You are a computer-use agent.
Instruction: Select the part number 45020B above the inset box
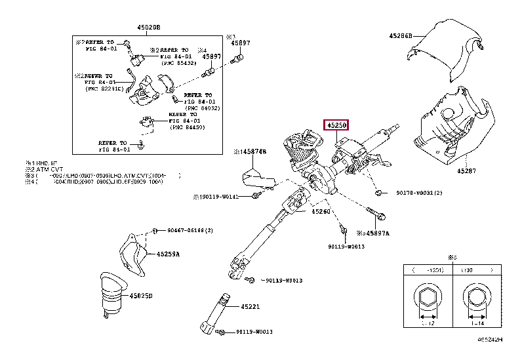click(x=148, y=27)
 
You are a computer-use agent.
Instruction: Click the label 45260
click(x=321, y=212)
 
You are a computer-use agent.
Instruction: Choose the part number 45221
click(x=250, y=306)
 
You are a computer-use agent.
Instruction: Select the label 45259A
click(x=168, y=254)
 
